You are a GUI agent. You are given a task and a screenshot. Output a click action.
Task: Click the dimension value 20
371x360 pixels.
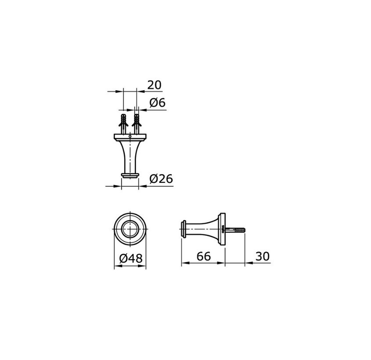(154, 85)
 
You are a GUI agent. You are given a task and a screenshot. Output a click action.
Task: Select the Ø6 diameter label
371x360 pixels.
(157, 103)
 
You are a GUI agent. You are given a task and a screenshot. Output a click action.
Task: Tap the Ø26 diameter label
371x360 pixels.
(161, 179)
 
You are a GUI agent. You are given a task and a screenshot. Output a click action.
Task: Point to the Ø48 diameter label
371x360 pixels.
(131, 259)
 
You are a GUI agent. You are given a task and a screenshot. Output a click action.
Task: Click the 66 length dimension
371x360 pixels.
(204, 257)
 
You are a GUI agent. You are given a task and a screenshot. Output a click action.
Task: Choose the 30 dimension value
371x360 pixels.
(262, 257)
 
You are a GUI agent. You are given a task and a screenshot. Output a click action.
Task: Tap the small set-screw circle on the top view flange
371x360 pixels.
(130, 137)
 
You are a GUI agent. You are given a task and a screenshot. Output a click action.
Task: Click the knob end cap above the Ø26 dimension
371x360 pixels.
(130, 175)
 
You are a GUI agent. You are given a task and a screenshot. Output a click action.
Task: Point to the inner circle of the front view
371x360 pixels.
(130, 229)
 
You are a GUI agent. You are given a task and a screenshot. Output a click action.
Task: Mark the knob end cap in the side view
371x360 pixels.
(183, 229)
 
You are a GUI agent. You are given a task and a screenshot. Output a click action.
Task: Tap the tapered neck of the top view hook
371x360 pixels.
(130, 156)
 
